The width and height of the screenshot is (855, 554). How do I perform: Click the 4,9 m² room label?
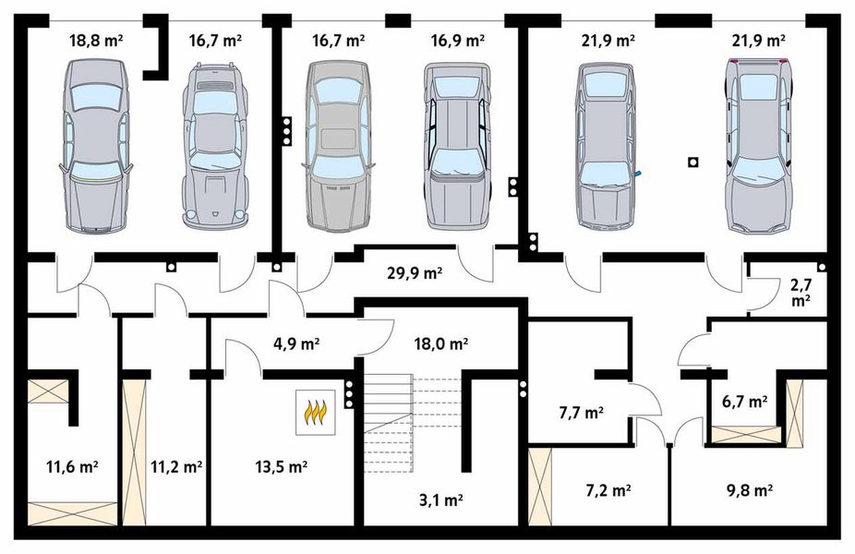[296, 343]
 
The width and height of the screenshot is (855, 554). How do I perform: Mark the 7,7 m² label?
[581, 413]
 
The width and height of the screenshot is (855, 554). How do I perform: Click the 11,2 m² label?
[175, 467]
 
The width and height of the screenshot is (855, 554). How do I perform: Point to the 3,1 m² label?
[440, 500]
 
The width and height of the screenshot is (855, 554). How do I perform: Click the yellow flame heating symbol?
[315, 413]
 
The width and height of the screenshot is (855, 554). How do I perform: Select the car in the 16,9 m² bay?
[457, 145]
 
